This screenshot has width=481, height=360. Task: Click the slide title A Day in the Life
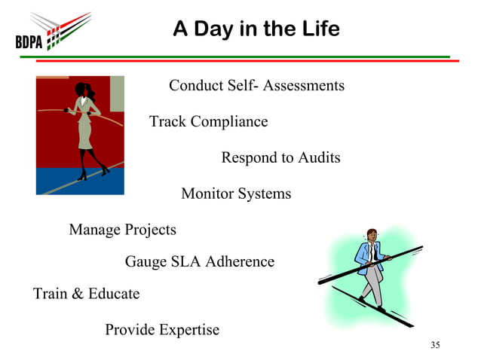point(256,29)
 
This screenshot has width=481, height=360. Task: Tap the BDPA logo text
point(29,41)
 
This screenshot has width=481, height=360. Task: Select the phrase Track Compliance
point(208,122)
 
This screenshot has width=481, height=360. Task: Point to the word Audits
point(319,158)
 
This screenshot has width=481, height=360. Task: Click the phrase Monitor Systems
point(236,194)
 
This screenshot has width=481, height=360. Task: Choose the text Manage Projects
point(122,230)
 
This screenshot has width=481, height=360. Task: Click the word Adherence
point(242,262)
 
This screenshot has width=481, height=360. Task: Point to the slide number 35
point(434,345)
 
